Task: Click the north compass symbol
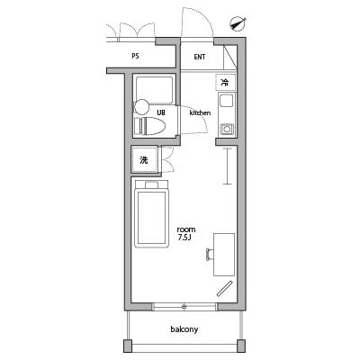238,24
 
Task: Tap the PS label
135,56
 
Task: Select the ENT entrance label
200,57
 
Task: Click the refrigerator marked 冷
226,83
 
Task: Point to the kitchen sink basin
227,101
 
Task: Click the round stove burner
227,130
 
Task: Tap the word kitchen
200,112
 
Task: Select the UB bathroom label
161,112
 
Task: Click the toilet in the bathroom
149,126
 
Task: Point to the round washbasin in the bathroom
141,107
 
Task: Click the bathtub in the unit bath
154,91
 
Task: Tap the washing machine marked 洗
144,159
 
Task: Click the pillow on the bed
151,184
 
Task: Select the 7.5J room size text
184,238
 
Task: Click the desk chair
210,255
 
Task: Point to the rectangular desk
224,255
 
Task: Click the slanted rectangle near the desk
224,289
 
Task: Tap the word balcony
184,329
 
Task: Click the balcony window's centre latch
184,307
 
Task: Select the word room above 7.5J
186,229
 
